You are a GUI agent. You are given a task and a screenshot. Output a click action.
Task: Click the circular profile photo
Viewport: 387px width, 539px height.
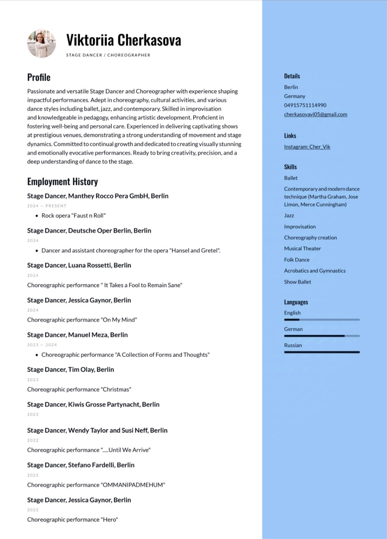[41, 44]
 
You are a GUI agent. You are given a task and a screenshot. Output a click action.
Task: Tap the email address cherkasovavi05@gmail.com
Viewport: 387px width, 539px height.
[315, 114]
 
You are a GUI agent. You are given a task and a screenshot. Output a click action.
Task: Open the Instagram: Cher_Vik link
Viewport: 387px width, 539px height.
[307, 147]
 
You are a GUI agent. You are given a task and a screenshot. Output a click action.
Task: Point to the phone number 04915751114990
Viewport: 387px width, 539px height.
[305, 105]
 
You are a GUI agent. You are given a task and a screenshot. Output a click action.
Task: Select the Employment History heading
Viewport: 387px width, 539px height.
[62, 182]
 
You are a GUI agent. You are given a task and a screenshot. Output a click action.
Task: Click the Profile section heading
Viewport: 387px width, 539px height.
[39, 77]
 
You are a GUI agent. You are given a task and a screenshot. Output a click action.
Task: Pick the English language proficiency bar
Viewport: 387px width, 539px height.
[322, 320]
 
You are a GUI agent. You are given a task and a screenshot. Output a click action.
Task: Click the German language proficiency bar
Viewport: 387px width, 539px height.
[322, 336]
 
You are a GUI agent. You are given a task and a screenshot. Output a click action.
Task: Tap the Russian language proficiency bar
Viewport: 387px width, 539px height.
[322, 352]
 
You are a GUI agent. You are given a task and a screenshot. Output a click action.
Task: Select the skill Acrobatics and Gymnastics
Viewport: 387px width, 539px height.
[315, 271]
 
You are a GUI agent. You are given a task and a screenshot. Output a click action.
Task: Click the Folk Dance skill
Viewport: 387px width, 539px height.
[297, 260]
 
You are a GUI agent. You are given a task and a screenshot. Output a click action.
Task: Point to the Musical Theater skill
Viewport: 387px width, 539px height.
[302, 249]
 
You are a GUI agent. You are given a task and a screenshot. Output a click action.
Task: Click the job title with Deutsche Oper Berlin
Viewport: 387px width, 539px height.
[89, 231]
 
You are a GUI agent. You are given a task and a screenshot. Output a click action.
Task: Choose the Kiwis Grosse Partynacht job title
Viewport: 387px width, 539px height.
[93, 405]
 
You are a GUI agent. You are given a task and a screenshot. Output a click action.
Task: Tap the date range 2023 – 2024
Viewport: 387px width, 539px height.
[42, 345]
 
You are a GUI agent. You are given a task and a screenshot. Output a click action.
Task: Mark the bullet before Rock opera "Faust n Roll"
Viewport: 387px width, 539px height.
[37, 216]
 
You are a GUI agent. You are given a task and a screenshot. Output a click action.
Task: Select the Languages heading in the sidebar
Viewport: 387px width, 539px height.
[296, 302]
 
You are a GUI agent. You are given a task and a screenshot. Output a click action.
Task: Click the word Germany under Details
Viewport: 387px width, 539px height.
[295, 96]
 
